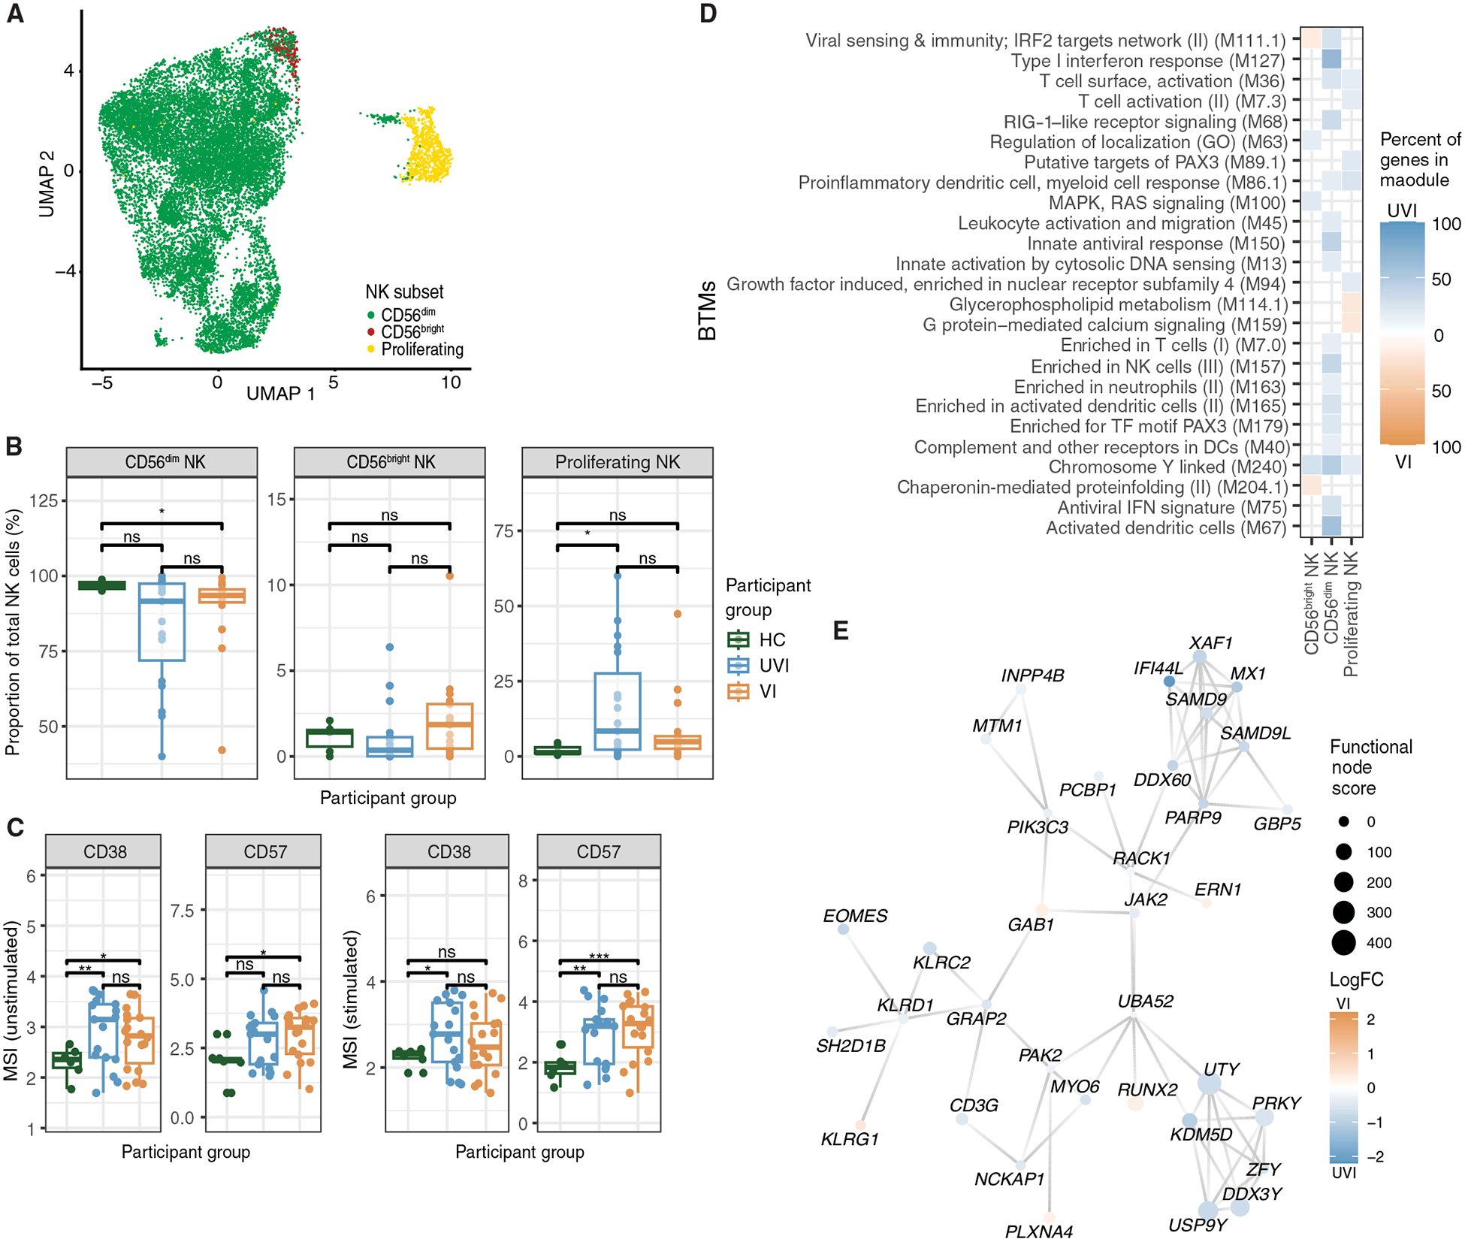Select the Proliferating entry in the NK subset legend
[421, 349]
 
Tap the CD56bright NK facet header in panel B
[390, 462]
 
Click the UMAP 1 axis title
[280, 393]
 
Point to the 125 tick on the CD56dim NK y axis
[44, 500]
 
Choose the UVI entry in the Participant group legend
[773, 666]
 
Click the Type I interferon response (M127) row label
[1147, 61]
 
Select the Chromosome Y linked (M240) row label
[1167, 467]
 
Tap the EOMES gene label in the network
[855, 916]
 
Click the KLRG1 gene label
[850, 1139]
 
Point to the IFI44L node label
[1158, 668]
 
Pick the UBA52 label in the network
[1145, 1001]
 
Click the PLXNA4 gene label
[1039, 1231]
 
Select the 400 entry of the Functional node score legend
[1379, 943]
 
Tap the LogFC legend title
[1356, 980]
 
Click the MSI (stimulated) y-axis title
[350, 999]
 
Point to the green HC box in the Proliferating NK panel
[557, 750]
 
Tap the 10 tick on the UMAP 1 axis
[450, 382]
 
